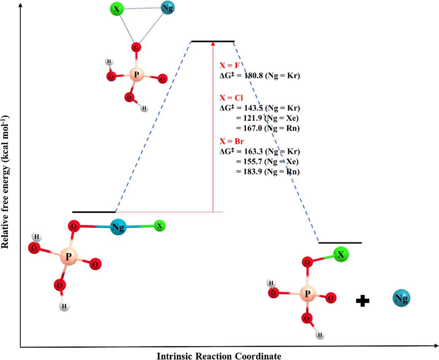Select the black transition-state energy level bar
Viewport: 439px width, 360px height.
click(x=213, y=41)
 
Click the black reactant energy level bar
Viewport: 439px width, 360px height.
click(x=94, y=212)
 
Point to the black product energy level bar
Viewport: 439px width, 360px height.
click(x=340, y=242)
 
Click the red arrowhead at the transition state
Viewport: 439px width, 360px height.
click(x=213, y=44)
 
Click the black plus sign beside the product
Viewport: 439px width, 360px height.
click(x=363, y=301)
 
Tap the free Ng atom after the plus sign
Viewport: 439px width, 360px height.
click(x=401, y=299)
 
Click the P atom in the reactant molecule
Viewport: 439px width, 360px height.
click(x=68, y=257)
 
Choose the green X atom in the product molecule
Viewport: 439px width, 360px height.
click(x=341, y=255)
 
